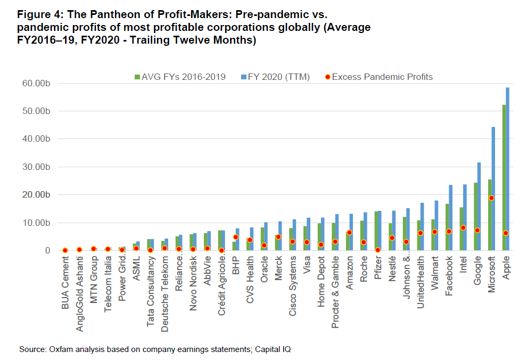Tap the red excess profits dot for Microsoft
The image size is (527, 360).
click(x=492, y=198)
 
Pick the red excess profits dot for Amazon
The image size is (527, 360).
click(x=349, y=232)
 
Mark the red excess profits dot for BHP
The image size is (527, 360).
click(x=235, y=237)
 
